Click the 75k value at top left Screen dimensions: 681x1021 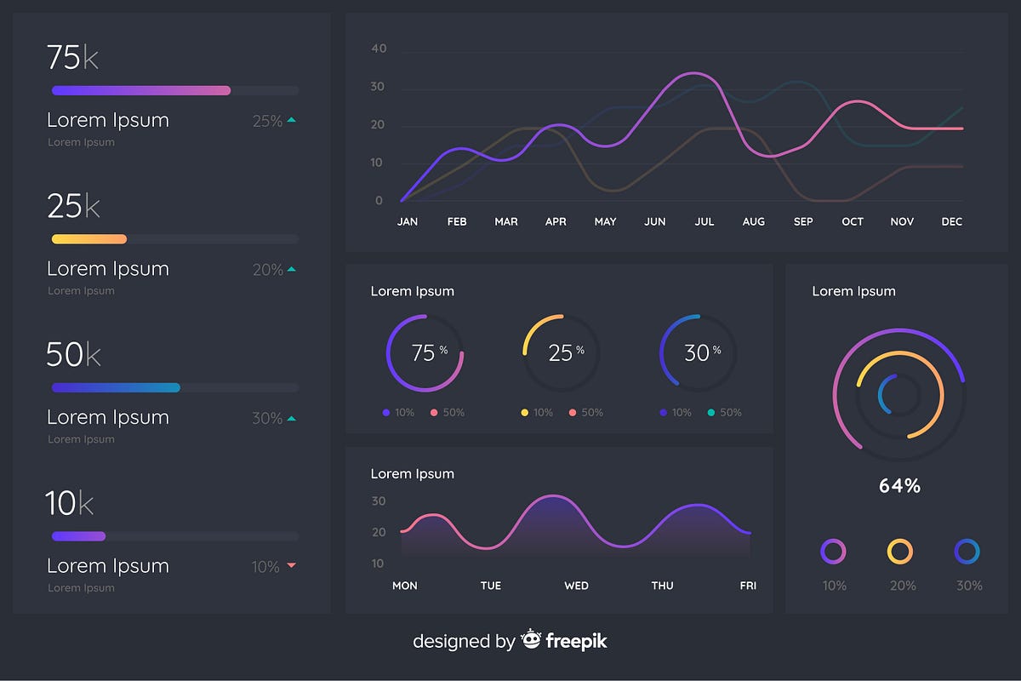[72, 57]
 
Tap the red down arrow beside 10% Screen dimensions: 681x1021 [291, 565]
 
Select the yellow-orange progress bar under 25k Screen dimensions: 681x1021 [89, 239]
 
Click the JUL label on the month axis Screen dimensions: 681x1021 [704, 221]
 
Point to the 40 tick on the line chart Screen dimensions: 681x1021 [379, 49]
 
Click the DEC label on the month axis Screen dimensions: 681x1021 [951, 221]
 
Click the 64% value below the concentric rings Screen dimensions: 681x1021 [899, 486]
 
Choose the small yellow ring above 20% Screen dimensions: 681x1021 [899, 552]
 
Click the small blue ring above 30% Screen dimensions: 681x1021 [967, 552]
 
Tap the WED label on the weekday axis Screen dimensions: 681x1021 [576, 586]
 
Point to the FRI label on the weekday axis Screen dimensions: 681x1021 [748, 586]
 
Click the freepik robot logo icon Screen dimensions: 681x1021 [532, 639]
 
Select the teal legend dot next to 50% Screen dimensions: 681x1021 [710, 413]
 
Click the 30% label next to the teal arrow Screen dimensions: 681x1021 [267, 418]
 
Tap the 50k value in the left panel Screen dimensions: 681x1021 [73, 355]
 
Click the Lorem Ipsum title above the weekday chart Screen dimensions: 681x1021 [412, 473]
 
